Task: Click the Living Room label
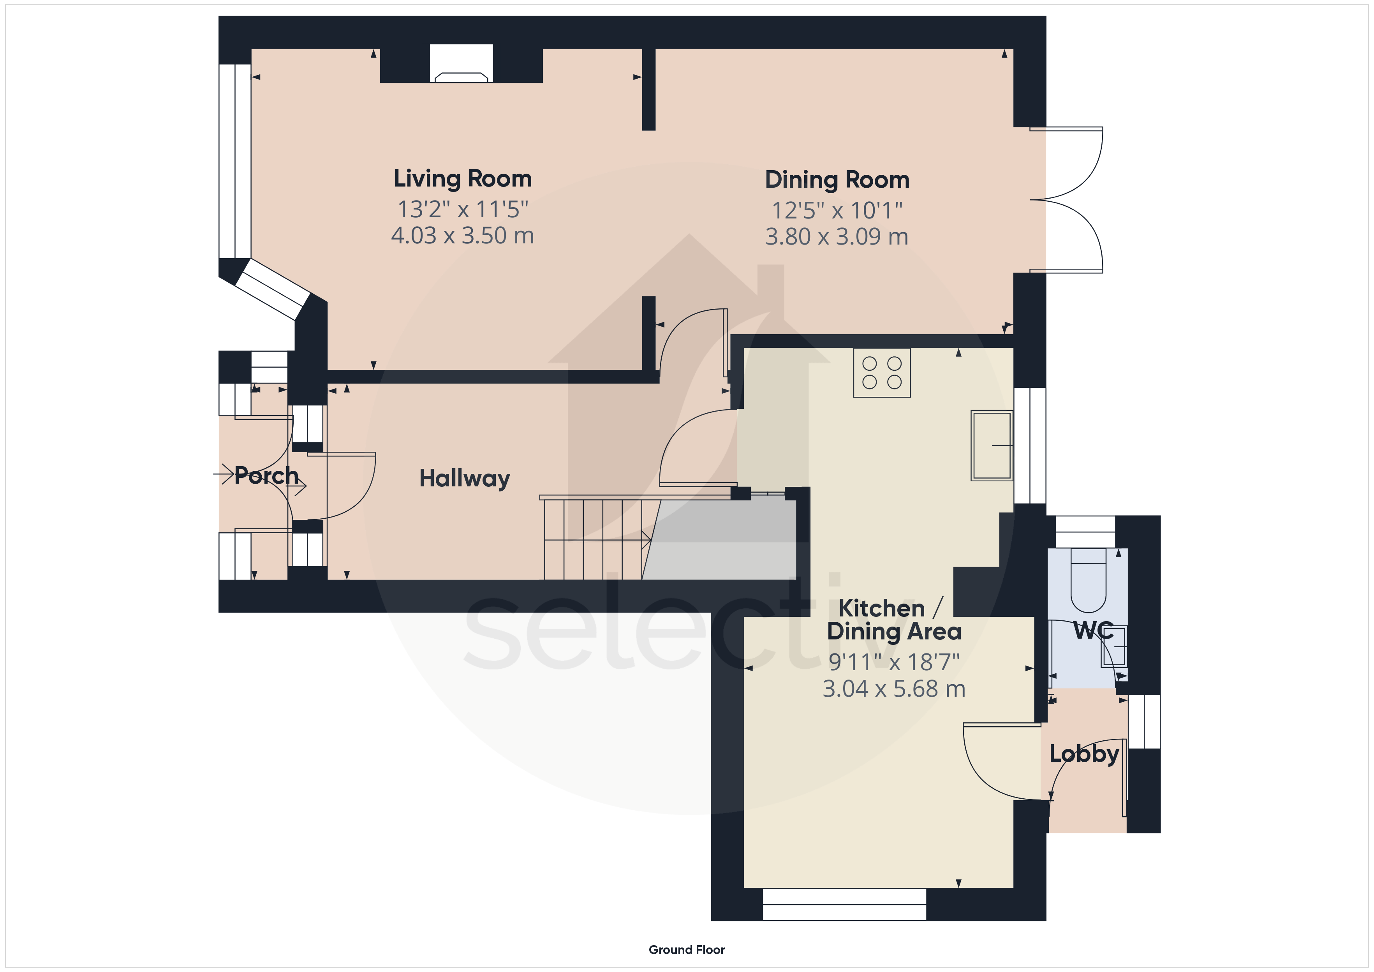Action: click(463, 178)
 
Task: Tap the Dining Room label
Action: click(837, 180)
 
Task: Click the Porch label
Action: click(266, 476)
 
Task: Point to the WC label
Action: click(1093, 630)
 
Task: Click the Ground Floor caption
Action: click(686, 950)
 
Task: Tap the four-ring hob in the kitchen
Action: click(881, 373)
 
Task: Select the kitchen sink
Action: click(992, 445)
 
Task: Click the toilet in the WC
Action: click(1088, 580)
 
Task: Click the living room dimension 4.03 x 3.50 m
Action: click(462, 235)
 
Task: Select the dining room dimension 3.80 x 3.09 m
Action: click(837, 236)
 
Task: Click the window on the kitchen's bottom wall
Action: click(844, 904)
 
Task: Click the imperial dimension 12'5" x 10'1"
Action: click(837, 210)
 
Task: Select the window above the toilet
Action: click(1085, 532)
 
